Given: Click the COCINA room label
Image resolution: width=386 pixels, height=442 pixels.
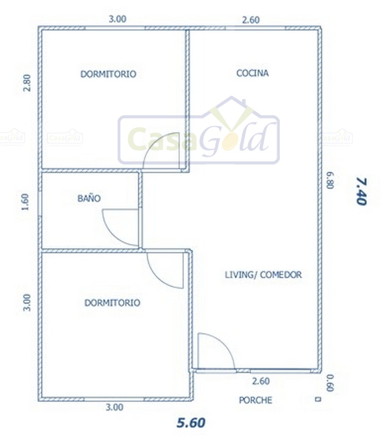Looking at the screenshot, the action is point(253,73).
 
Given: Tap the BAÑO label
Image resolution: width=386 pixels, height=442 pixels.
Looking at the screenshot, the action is point(89,198).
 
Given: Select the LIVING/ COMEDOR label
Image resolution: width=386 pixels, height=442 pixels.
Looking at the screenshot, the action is point(263,275).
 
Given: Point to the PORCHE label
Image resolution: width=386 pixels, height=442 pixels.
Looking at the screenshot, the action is point(255,400).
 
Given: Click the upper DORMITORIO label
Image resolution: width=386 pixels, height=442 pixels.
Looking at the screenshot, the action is point(108,74).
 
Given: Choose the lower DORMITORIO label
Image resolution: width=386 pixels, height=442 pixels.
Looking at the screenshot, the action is point(112,303).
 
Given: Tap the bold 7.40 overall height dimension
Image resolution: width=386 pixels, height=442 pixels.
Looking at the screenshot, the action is point(361,191).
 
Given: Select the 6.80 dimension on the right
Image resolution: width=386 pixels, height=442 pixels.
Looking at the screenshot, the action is point(330,180).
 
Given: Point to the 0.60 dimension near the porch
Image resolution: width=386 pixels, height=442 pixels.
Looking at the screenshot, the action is point(330,383).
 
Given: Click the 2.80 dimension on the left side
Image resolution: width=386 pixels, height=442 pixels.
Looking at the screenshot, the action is point(27,83).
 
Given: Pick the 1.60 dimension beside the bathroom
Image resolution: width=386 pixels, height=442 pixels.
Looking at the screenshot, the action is point(25,202).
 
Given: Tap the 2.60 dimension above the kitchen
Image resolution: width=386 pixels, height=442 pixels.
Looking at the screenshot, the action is point(251,20).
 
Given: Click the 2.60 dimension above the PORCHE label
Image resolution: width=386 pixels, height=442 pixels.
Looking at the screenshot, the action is point(261,381).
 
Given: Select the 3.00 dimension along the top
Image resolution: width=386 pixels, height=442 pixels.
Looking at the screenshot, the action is point(118,19).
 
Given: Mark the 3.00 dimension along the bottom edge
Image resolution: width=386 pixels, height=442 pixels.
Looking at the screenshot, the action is point(114,407).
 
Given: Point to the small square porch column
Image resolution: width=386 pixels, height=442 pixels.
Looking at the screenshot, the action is point(318,399).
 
